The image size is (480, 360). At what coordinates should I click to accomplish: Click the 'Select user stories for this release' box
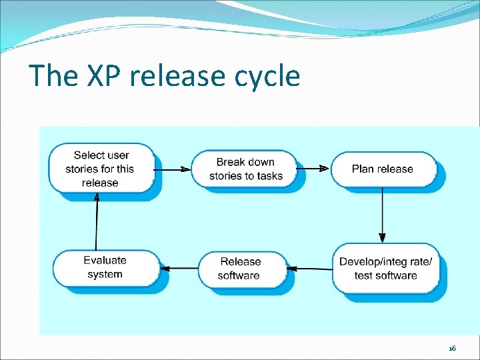tap(101, 169)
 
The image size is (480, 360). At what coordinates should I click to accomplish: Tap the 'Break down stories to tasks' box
tap(245, 169)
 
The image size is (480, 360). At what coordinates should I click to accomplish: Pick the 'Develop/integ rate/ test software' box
tap(385, 268)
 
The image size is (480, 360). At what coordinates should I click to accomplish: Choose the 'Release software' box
tap(241, 268)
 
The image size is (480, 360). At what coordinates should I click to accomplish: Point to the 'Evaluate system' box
tap(105, 267)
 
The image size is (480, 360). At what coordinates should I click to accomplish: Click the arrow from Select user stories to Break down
tap(173, 169)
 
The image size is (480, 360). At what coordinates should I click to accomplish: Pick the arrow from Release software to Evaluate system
tap(180, 268)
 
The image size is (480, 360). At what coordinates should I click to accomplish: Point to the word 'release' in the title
tap(177, 77)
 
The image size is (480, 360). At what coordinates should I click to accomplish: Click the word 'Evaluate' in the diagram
tap(105, 260)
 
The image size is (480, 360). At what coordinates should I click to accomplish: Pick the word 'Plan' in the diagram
tap(363, 169)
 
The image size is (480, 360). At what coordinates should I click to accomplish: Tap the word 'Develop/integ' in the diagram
tap(371, 261)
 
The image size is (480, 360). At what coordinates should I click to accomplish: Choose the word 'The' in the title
tap(53, 77)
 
